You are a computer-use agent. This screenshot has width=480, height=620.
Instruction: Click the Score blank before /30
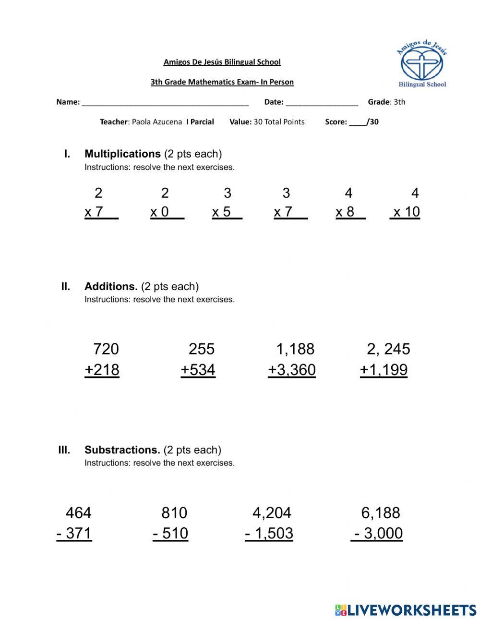(x=357, y=123)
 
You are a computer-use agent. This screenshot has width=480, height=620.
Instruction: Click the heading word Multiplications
(x=122, y=154)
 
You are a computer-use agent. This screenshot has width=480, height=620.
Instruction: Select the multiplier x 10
(x=406, y=212)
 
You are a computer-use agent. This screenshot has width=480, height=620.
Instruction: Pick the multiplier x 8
(x=345, y=212)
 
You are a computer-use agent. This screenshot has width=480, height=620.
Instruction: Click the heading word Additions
(x=111, y=287)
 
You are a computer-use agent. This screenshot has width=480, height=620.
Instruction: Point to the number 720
(x=106, y=349)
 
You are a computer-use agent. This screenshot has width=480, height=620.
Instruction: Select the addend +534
(x=198, y=370)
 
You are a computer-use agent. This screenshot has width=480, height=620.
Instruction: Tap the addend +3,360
(x=292, y=370)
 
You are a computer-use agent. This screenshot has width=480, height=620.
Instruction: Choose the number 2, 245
(x=388, y=349)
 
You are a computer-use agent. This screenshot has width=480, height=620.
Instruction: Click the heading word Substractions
(x=122, y=450)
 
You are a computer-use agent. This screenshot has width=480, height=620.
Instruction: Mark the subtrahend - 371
(x=74, y=534)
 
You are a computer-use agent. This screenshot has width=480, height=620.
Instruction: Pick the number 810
(x=174, y=513)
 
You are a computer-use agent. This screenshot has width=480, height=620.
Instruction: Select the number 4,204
(x=272, y=513)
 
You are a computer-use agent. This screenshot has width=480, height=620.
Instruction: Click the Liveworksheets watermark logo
(x=406, y=610)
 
